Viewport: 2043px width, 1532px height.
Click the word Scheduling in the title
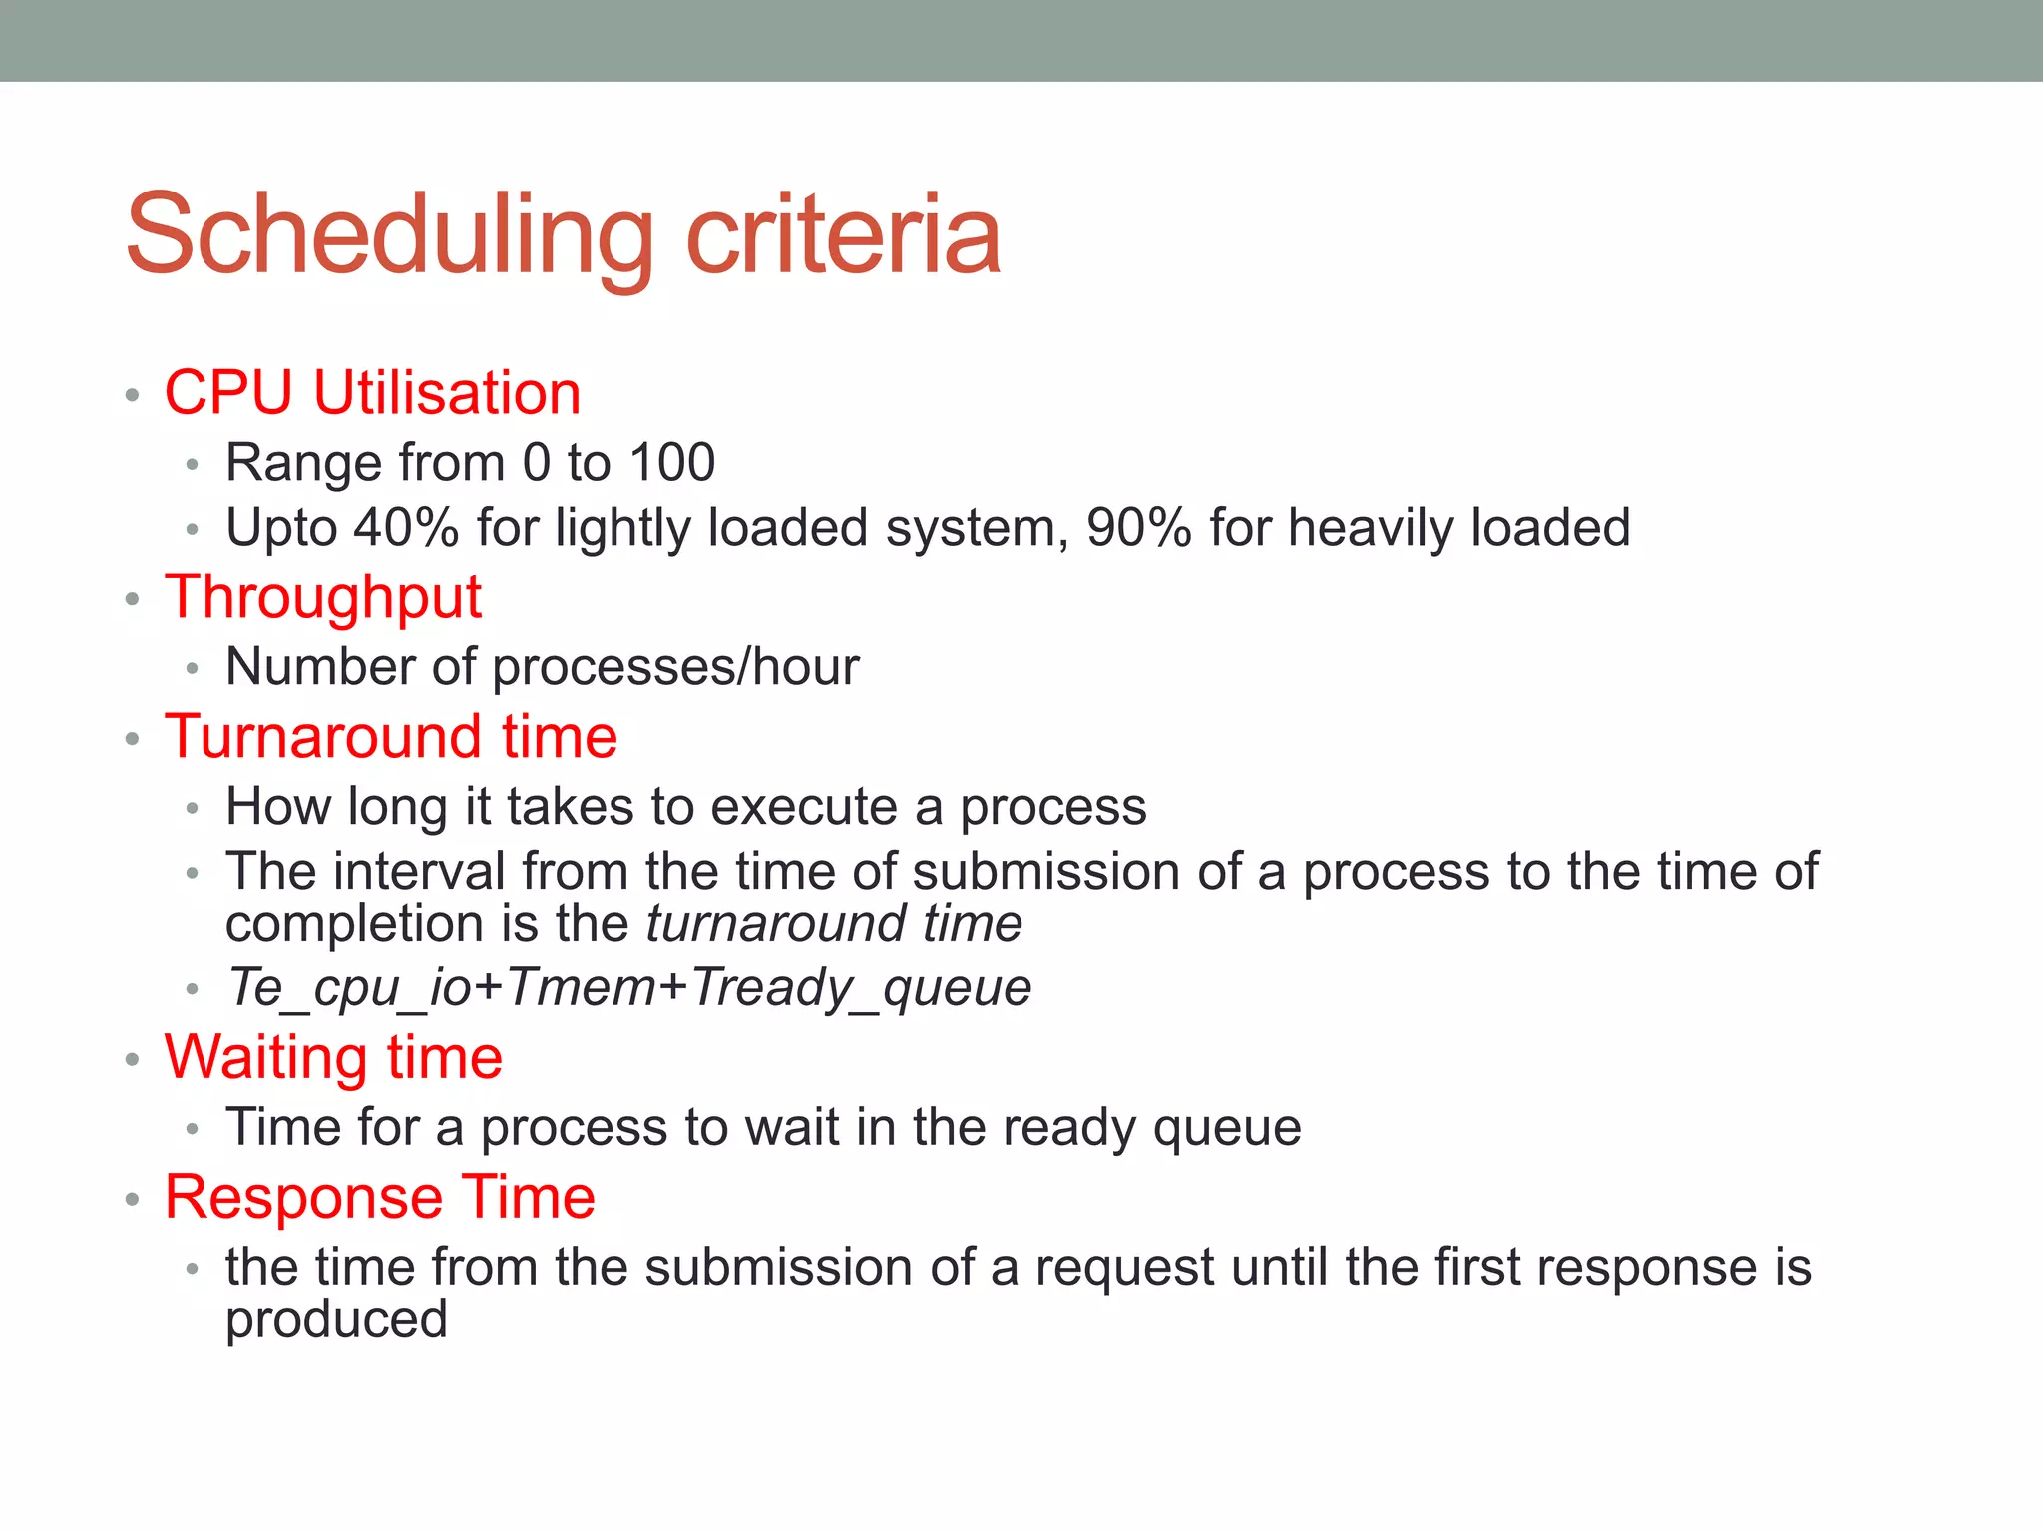tap(389, 235)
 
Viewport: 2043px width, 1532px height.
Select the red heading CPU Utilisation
tap(372, 392)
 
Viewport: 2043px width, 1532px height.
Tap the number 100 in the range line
tap(672, 463)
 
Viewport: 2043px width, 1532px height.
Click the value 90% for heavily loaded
tap(1139, 528)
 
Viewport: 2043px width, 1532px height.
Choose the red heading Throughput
tap(323, 597)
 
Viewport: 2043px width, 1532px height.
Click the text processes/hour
tap(675, 667)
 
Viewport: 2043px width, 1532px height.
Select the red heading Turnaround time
tap(391, 737)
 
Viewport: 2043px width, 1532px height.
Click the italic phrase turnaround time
tap(834, 923)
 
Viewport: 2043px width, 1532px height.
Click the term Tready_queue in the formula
tap(860, 987)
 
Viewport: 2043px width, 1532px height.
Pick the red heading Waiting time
tap(333, 1057)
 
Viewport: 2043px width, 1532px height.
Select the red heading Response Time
tap(380, 1197)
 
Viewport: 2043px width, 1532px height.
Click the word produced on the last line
tap(336, 1319)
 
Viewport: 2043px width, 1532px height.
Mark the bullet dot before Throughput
tap(132, 600)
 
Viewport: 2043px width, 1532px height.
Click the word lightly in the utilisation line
tap(622, 528)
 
